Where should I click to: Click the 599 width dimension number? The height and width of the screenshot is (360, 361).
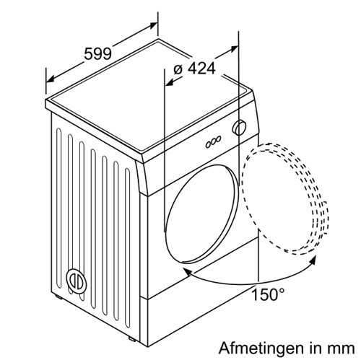(x=97, y=53)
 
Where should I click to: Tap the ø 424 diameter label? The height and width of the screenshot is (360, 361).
(x=194, y=69)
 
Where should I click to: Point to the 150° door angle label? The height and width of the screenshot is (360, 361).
(x=268, y=294)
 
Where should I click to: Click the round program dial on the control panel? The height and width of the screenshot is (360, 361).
(x=239, y=128)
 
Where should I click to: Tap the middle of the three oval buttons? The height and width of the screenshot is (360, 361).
(x=214, y=142)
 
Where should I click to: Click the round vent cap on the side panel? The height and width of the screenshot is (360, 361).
(x=76, y=281)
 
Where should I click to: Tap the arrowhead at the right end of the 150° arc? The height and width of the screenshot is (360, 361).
(x=313, y=260)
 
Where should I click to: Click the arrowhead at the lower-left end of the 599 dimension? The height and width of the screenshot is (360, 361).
(x=50, y=79)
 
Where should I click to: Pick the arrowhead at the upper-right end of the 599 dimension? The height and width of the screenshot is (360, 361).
(x=153, y=25)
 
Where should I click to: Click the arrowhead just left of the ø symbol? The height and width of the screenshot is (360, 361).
(x=170, y=82)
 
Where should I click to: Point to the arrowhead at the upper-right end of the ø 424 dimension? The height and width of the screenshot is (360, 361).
(x=234, y=48)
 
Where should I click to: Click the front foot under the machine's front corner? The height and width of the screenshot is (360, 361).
(x=131, y=339)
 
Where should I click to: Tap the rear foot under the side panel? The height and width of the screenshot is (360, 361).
(x=58, y=297)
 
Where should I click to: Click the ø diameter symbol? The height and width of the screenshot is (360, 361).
(x=178, y=69)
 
